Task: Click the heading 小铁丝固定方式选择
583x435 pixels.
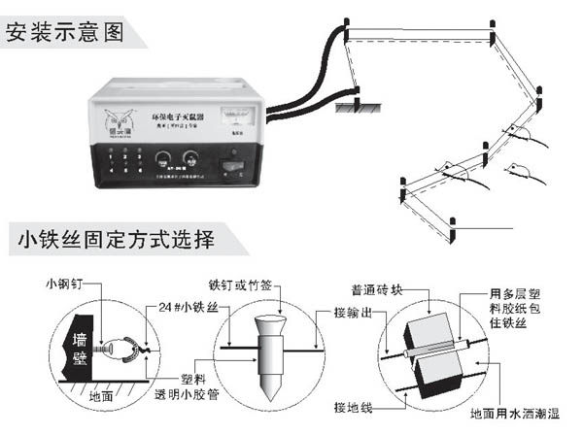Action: pyautogui.click(x=114, y=237)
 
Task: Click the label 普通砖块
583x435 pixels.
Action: pyautogui.click(x=389, y=289)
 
